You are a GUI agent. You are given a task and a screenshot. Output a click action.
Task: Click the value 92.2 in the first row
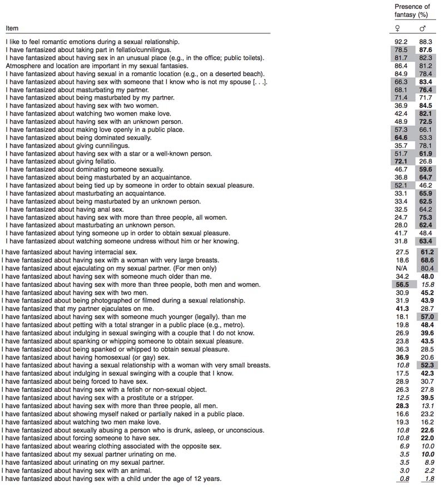tap(401, 42)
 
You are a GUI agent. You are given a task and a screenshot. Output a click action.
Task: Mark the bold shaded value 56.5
tap(400, 285)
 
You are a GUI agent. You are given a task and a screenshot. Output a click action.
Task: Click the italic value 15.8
tap(427, 285)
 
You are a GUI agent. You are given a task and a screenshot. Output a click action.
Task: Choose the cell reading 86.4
tap(401, 66)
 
